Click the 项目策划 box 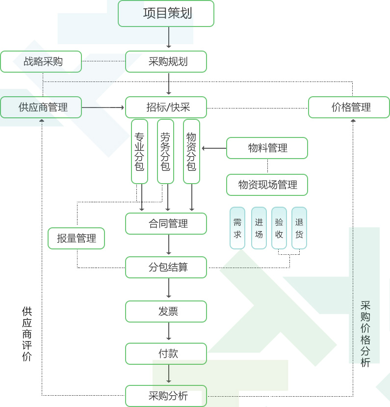[166, 13]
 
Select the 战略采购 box [41, 61]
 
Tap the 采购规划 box [166, 61]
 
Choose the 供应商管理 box [41, 107]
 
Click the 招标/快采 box [166, 107]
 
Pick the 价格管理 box [349, 107]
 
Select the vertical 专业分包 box [139, 151]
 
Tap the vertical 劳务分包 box [165, 151]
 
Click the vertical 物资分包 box [191, 151]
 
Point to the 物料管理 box [267, 148]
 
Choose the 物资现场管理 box [267, 185]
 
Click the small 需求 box [237, 228]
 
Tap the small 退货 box [299, 228]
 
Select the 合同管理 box [166, 223]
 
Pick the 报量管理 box [76, 238]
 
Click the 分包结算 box [166, 267]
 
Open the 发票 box [166, 311]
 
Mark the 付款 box [166, 353]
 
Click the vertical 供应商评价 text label [27, 334]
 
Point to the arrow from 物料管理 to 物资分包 [214, 148]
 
